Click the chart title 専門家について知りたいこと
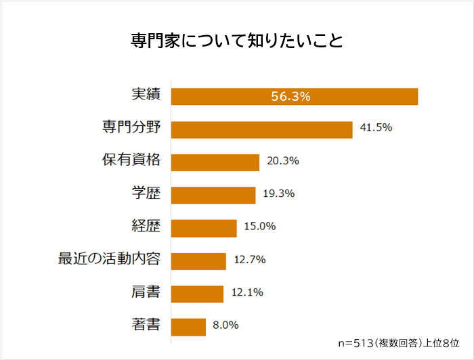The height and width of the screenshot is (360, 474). point(237,41)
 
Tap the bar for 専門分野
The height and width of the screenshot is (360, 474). point(261,129)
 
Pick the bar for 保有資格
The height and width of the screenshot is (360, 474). point(215,162)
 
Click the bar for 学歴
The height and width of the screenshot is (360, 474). point(213,195)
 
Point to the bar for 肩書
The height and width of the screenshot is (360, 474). point(197,294)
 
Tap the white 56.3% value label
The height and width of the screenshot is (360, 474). point(290,97)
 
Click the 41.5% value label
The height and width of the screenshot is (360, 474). point(376,128)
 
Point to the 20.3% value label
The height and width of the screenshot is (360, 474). point(282,161)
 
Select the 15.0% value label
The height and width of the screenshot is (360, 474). point(259,227)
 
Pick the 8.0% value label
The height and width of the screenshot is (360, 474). point(225,325)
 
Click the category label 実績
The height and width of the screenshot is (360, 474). point(146,95)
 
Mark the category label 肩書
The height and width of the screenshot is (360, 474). point(146,292)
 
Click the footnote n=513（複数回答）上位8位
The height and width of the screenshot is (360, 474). point(398,343)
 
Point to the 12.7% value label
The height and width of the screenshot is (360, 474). point(249,260)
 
